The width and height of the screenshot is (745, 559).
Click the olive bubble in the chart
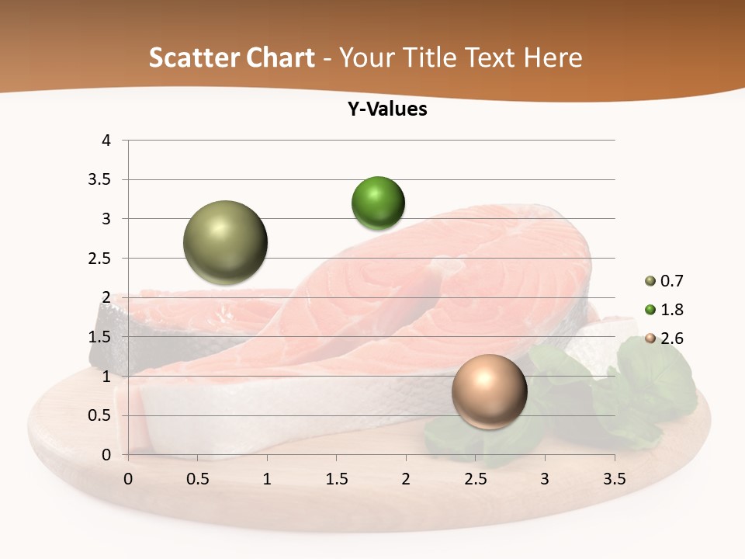tap(225, 242)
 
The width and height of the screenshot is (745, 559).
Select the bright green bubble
tap(378, 203)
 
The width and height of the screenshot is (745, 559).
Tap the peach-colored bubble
tap(489, 391)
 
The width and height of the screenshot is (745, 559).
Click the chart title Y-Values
tap(387, 109)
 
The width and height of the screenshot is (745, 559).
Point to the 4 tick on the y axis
tap(106, 141)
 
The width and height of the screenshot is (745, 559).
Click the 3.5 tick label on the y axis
tap(101, 180)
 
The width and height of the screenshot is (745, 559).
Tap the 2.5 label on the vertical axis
tap(101, 259)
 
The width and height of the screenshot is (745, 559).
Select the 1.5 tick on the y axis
tap(101, 337)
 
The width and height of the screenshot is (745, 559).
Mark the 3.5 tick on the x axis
tap(614, 479)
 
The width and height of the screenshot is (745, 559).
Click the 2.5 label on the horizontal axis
tap(475, 479)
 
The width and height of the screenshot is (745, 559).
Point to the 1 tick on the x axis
tap(267, 479)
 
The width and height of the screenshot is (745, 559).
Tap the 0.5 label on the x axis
tap(198, 479)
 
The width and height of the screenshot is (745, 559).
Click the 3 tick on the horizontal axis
tap(545, 479)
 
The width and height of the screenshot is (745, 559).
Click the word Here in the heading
tap(553, 57)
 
